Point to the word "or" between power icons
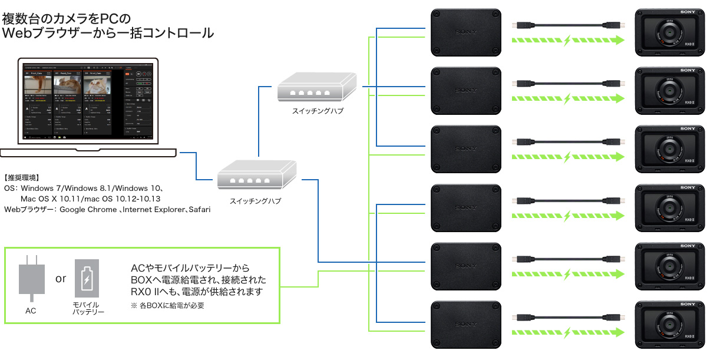click(61, 278)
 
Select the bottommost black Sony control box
click(466, 324)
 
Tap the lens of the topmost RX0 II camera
click(670, 35)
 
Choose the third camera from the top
click(670, 149)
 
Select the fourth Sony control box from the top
click(466, 207)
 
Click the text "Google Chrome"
click(88, 210)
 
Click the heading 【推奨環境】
click(22, 177)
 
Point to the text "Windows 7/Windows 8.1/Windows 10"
click(86, 188)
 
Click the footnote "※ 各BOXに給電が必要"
click(167, 306)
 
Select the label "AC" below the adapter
click(31, 311)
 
